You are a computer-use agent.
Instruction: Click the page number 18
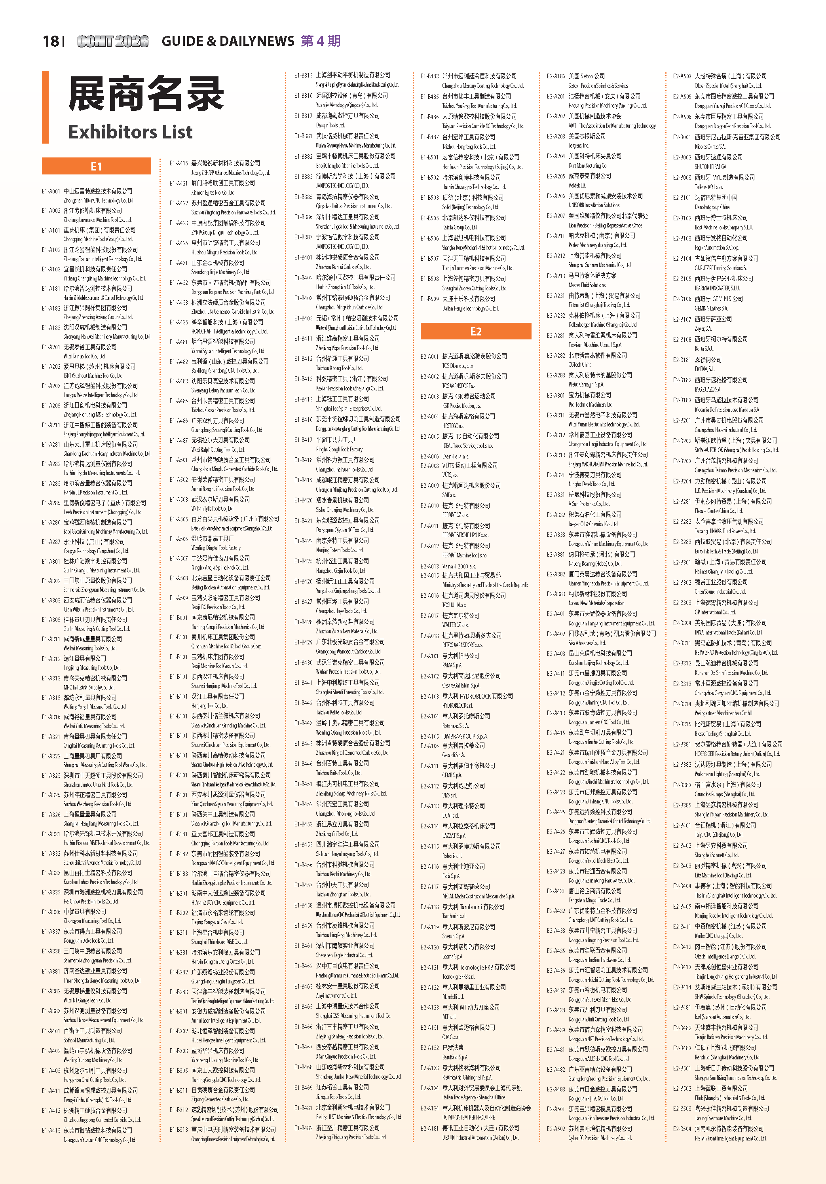[x=51, y=41]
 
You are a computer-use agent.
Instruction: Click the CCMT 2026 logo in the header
[x=113, y=41]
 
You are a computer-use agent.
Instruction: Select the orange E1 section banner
[x=97, y=166]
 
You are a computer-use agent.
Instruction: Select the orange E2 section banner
[x=476, y=331]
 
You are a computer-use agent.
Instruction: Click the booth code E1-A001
[x=51, y=191]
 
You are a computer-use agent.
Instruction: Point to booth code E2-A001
[x=429, y=356]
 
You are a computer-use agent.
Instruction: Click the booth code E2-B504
[x=682, y=1129]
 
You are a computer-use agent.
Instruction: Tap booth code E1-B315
[x=303, y=75]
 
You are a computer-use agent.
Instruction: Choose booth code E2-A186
[x=556, y=76]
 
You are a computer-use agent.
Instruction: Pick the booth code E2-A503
[x=682, y=76]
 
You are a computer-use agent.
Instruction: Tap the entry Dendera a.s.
[x=456, y=457]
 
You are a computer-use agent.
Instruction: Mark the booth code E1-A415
[x=178, y=163]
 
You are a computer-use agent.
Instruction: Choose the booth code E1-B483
[x=429, y=76]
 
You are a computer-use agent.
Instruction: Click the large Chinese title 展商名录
[x=146, y=95]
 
